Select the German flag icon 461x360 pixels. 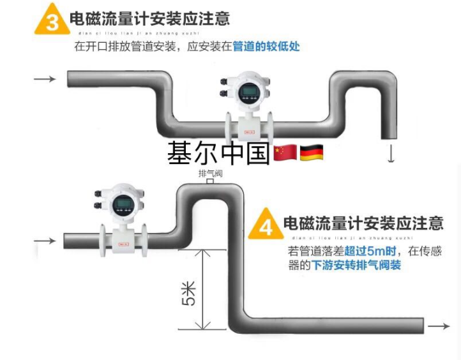click(x=311, y=153)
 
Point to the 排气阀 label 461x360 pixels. click(x=210, y=174)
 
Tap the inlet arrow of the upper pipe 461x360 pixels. click(x=44, y=79)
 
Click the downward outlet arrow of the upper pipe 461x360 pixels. click(x=391, y=153)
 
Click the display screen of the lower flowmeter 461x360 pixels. click(x=124, y=204)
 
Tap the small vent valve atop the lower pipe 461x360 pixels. click(x=209, y=182)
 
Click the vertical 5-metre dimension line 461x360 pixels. click(x=202, y=290)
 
